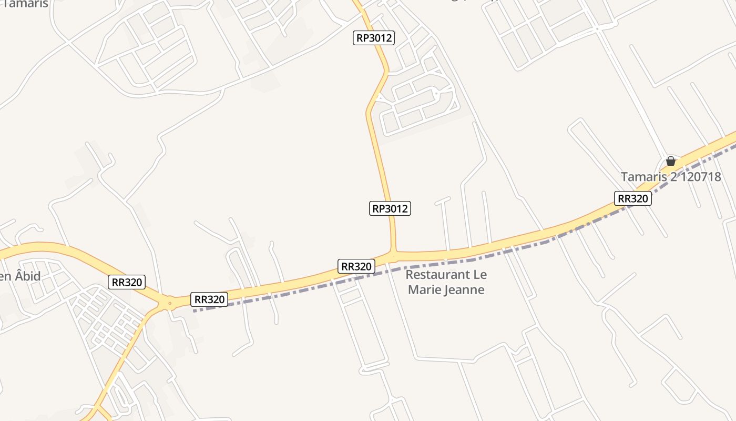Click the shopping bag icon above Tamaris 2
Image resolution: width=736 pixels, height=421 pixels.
tap(670, 161)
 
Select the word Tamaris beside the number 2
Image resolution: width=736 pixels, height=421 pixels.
tap(644, 177)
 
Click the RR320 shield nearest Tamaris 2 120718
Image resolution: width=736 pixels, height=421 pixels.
tap(632, 198)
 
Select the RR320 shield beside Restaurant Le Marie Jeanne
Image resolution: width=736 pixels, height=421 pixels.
tap(356, 266)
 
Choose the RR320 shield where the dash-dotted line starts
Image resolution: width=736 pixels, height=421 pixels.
tap(210, 299)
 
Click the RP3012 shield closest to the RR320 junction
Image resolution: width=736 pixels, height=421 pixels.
tap(390, 208)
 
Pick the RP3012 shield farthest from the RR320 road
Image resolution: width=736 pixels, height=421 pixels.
tap(373, 38)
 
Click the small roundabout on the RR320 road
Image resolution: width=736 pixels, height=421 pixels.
tap(169, 303)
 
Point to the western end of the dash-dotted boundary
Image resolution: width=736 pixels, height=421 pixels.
tap(195, 310)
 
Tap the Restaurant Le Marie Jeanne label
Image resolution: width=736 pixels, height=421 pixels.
tap(446, 282)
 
